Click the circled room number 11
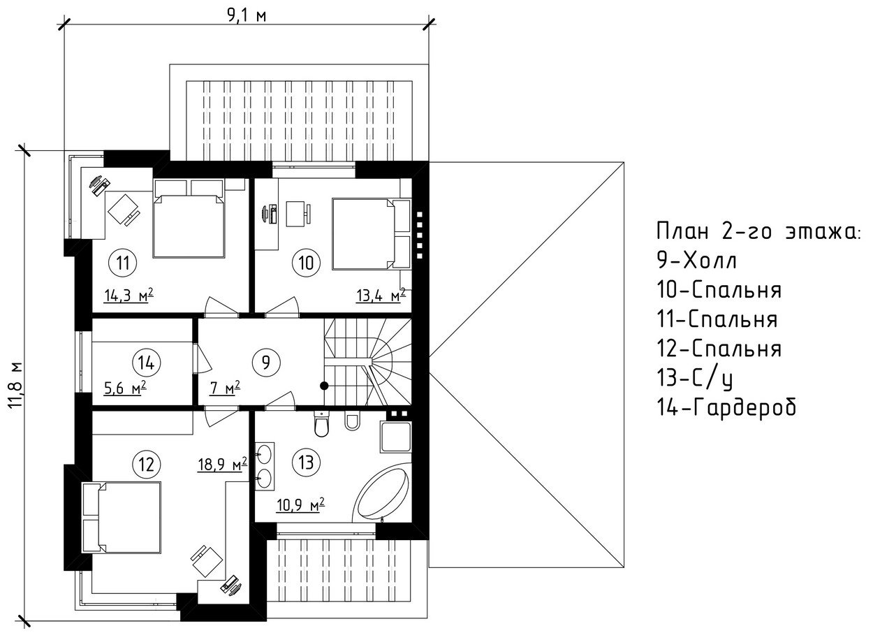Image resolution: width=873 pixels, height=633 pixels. click(123, 263)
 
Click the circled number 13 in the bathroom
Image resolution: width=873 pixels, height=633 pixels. click(306, 462)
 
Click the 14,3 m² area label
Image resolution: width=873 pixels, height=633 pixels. click(129, 295)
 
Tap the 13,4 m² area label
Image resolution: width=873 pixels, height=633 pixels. click(381, 296)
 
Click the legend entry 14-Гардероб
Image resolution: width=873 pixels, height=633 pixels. click(726, 407)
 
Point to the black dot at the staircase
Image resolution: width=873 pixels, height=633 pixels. click(323, 385)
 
